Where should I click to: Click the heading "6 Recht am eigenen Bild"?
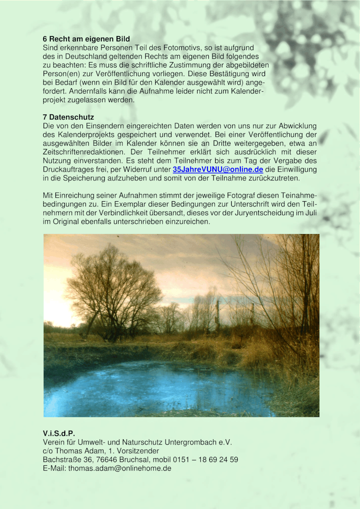coord(86,39)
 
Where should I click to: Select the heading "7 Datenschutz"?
coord(68,117)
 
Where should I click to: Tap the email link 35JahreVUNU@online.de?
coord(218,170)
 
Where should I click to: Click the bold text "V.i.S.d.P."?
coord(59,434)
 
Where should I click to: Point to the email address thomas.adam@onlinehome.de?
coord(120,468)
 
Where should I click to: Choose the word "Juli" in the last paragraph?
coord(311,213)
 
